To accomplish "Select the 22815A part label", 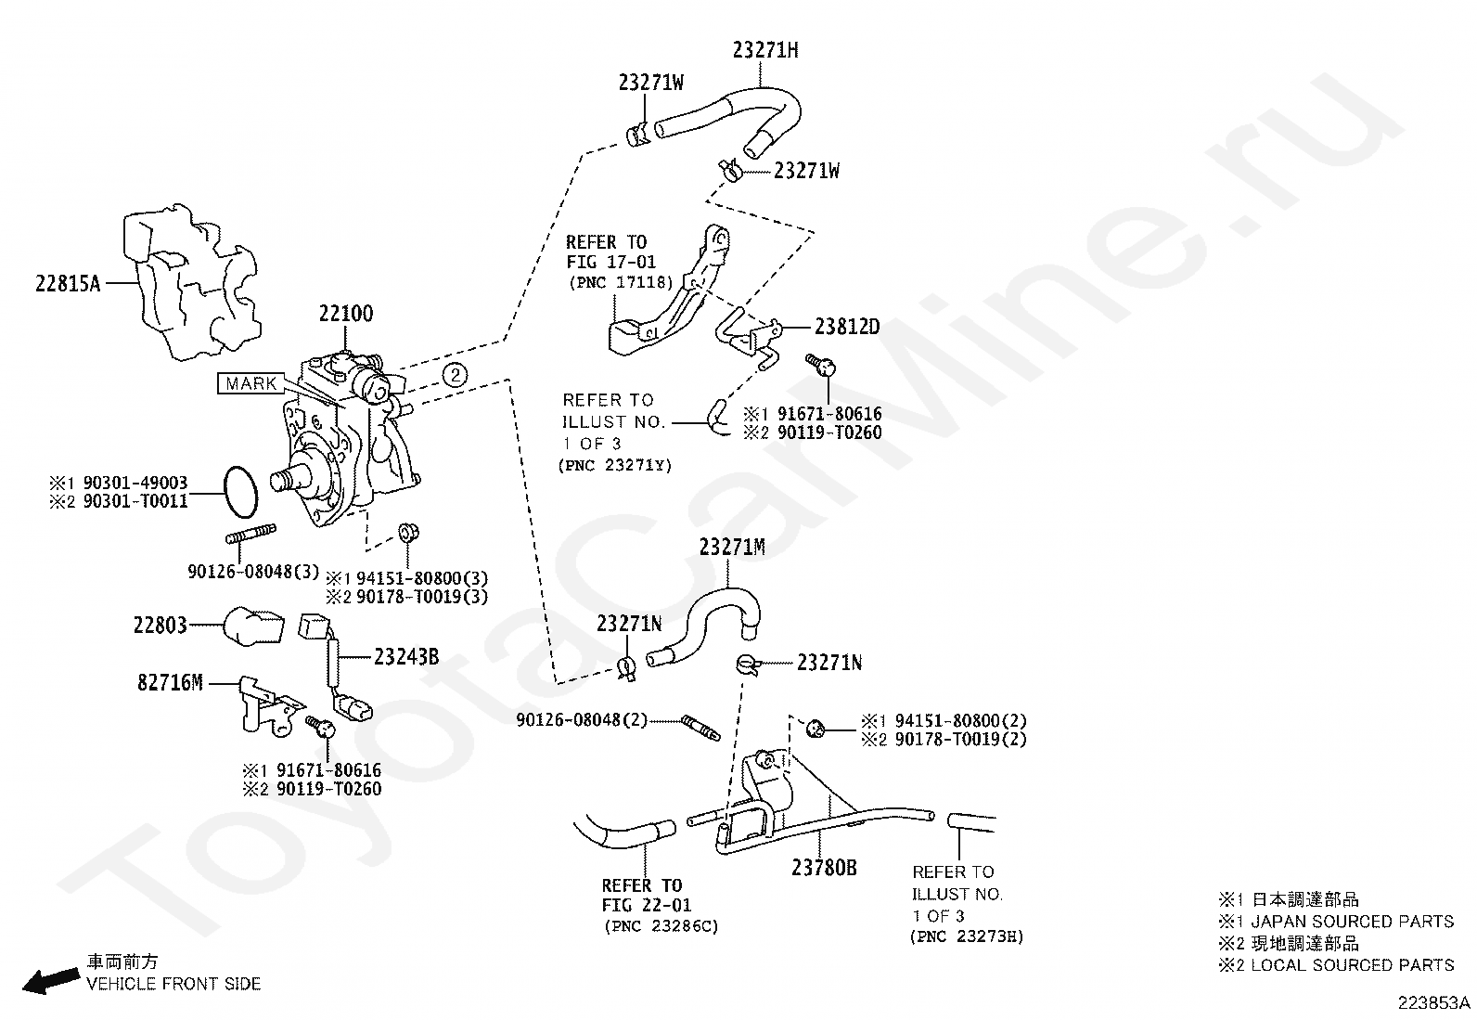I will click(x=68, y=284).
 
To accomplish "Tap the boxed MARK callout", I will click(x=250, y=383).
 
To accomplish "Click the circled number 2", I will click(x=455, y=374).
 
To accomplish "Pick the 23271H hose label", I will click(x=764, y=51).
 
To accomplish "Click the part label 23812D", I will click(x=847, y=327).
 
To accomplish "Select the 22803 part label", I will click(x=161, y=625).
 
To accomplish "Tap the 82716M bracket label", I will click(x=170, y=683).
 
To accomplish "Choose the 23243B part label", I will click(x=406, y=657).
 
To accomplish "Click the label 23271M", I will click(x=732, y=548).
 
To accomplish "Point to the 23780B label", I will click(x=824, y=868).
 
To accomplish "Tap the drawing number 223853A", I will click(x=1435, y=1003).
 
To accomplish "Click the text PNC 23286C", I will click(x=661, y=926).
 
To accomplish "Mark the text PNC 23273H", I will click(x=967, y=936).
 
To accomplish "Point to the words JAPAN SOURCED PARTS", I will click(x=1352, y=922).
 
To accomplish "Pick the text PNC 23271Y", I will click(x=615, y=465).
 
